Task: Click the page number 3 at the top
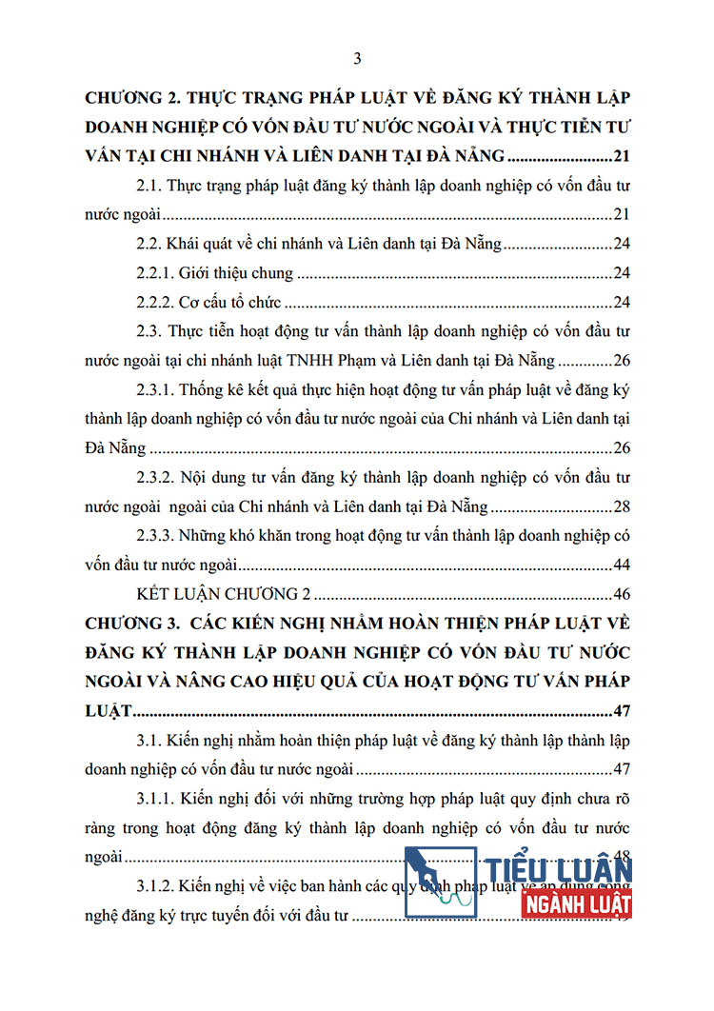coord(357,59)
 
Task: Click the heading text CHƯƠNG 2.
coord(129,98)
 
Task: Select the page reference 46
coord(623,594)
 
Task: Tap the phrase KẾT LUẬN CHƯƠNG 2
coord(224,594)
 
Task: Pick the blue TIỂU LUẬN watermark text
coord(562,869)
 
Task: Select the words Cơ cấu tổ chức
coord(228,303)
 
